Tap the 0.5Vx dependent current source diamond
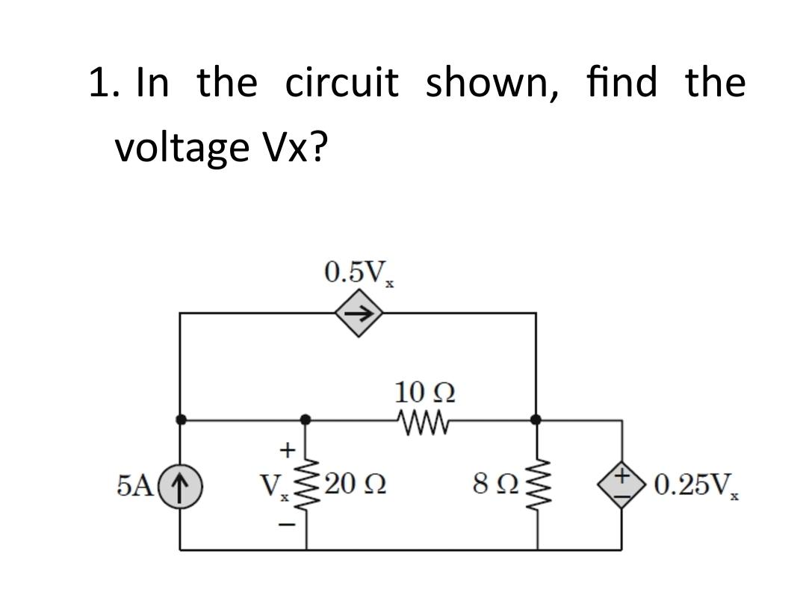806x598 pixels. point(358,314)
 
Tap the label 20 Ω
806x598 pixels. point(353,486)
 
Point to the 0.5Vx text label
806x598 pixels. point(359,272)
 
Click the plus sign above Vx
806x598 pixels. point(284,449)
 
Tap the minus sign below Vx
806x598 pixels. point(284,526)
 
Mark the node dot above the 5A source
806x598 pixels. point(180,420)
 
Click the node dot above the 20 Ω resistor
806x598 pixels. point(304,420)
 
